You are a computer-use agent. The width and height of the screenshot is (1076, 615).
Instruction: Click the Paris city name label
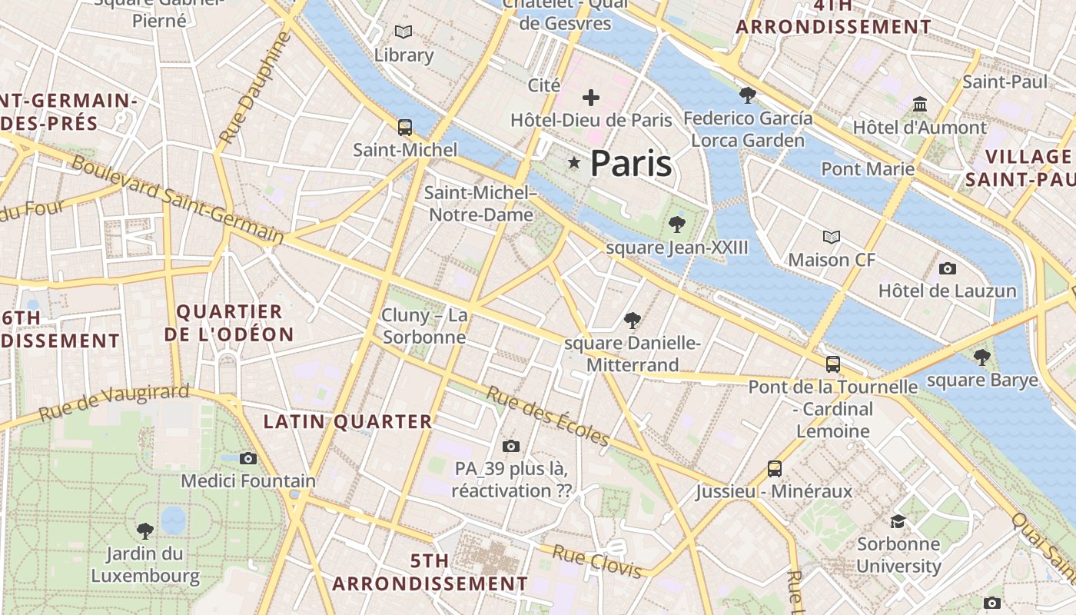[x=630, y=164]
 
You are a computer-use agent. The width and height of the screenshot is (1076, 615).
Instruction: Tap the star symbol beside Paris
[x=574, y=162]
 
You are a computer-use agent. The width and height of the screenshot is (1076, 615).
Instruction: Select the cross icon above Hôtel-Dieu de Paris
[x=591, y=98]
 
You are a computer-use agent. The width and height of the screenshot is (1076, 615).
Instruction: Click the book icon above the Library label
[x=403, y=32]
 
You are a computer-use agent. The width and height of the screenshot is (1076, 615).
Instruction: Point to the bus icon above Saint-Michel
[x=405, y=128]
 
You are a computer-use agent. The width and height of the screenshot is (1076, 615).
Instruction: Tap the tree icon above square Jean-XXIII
[x=677, y=224]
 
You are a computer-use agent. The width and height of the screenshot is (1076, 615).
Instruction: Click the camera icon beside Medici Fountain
[x=248, y=459]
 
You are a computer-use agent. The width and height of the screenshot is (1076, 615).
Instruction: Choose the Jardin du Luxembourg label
[x=145, y=564]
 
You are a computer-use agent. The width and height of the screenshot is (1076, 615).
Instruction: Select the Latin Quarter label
[x=348, y=421]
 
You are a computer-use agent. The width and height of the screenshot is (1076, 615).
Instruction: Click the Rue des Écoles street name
[x=548, y=415]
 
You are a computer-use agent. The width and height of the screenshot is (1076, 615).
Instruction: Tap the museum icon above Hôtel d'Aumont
[x=920, y=104]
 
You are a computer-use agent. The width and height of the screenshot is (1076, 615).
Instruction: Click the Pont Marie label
[x=868, y=168]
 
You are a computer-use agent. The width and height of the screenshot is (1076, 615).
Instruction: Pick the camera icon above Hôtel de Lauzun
[x=948, y=268]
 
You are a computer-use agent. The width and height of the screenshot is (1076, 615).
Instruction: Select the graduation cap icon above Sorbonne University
[x=898, y=522]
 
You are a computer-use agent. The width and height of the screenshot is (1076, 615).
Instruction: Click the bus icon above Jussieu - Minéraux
[x=775, y=468]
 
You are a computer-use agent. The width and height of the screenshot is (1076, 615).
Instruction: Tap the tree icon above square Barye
[x=981, y=357]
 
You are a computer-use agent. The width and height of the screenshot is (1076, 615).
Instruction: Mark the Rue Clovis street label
[x=597, y=562]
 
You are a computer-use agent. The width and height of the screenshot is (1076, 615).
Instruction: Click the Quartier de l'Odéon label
[x=229, y=323]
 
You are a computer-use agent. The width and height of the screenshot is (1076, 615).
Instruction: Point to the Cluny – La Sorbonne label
[x=425, y=326]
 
